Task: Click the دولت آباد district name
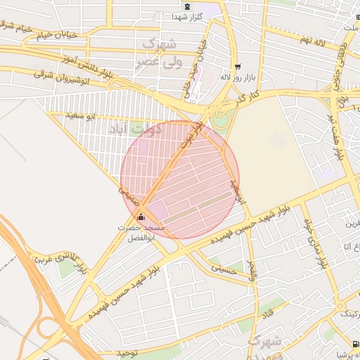coord(136,129)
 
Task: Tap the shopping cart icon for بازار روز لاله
coord(236,65)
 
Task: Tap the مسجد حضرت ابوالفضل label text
coord(141,233)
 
